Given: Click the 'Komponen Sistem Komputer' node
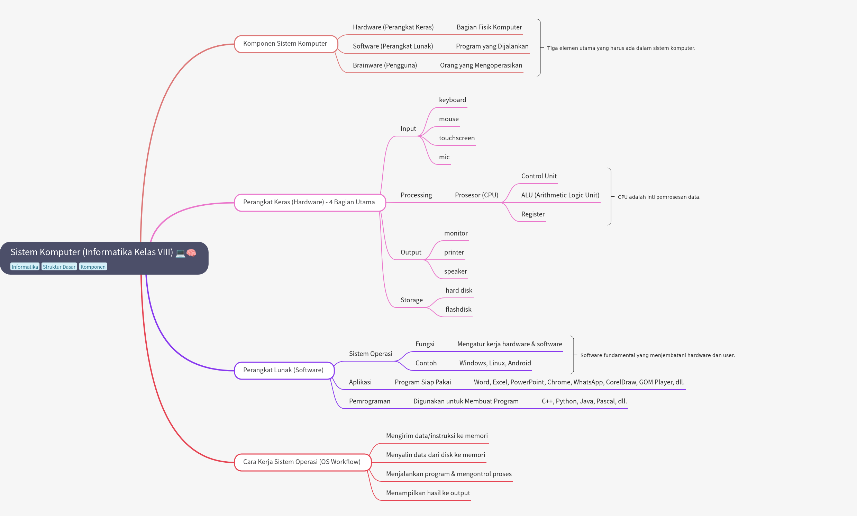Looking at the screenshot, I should pos(285,44).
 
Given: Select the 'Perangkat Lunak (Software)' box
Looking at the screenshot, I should pos(283,370).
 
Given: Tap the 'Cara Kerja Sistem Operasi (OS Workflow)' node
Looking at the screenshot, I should pos(302,462).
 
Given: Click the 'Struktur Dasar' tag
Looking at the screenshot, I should pos(59,267).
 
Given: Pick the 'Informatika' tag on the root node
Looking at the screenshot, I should pos(25,267).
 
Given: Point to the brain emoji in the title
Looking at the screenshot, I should pos(191,253).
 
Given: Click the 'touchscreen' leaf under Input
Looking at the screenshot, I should pos(456,138).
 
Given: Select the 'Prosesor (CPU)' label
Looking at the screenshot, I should pos(476,195).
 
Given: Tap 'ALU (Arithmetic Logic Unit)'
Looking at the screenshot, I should pos(560,195).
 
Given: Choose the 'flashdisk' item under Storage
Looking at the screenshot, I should pos(458,310).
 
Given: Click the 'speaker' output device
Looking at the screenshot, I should pos(455,271).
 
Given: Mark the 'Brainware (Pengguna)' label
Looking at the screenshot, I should pos(384,65).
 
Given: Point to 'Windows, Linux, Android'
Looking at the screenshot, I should pos(495,363).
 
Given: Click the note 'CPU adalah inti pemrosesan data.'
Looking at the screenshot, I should pos(659,197).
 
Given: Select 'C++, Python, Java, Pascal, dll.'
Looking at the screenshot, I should pos(584,401).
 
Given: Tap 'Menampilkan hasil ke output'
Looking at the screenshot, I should pos(428,493).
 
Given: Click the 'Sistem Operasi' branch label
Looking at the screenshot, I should pos(370,354).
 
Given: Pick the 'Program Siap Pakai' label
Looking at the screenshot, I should pos(423,382).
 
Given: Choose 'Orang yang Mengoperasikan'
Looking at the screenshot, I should pos(481,65).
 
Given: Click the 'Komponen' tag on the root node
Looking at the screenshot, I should pos(93,267).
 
